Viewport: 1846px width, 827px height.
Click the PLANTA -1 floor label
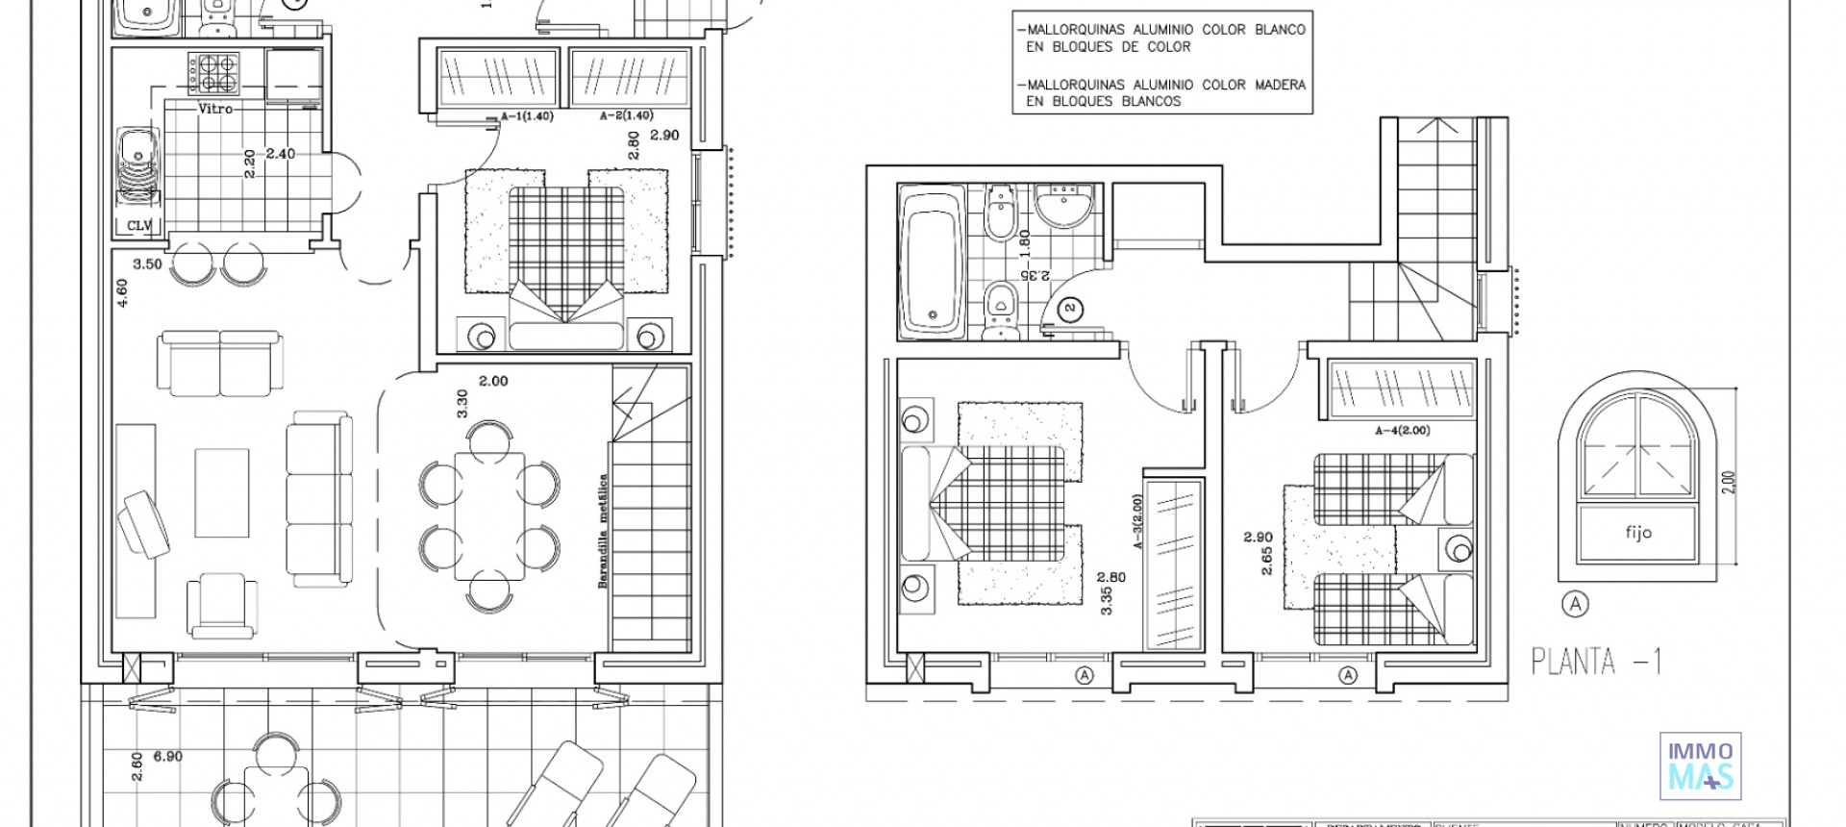1596,662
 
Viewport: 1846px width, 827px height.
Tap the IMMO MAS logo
1700,766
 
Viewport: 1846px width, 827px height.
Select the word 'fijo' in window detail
1637,532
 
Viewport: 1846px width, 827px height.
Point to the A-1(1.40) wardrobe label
527,116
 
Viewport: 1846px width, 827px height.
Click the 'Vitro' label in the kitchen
215,109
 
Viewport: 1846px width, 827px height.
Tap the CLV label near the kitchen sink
139,226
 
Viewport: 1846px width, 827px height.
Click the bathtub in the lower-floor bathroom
931,263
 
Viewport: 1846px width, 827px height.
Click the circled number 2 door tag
1070,309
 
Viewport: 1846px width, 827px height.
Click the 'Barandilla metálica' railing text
603,531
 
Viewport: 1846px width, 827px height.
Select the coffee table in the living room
222,492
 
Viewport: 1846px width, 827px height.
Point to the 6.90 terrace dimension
167,757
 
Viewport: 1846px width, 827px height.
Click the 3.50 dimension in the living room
147,264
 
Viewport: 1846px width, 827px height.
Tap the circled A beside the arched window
1575,604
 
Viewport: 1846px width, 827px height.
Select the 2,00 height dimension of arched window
1728,481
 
